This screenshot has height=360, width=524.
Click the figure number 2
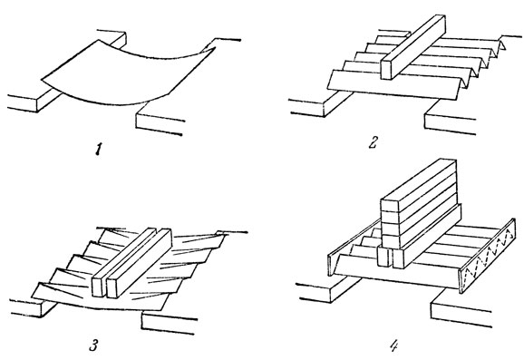[374, 142]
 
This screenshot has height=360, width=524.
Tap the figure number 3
[93, 345]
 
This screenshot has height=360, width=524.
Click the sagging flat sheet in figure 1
[127, 73]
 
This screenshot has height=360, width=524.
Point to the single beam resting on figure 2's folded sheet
[413, 47]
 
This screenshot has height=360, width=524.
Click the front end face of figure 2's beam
[386, 69]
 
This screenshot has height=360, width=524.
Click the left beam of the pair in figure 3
[123, 262]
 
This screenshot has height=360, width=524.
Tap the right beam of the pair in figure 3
[139, 264]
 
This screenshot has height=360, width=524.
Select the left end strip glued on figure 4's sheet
[354, 248]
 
